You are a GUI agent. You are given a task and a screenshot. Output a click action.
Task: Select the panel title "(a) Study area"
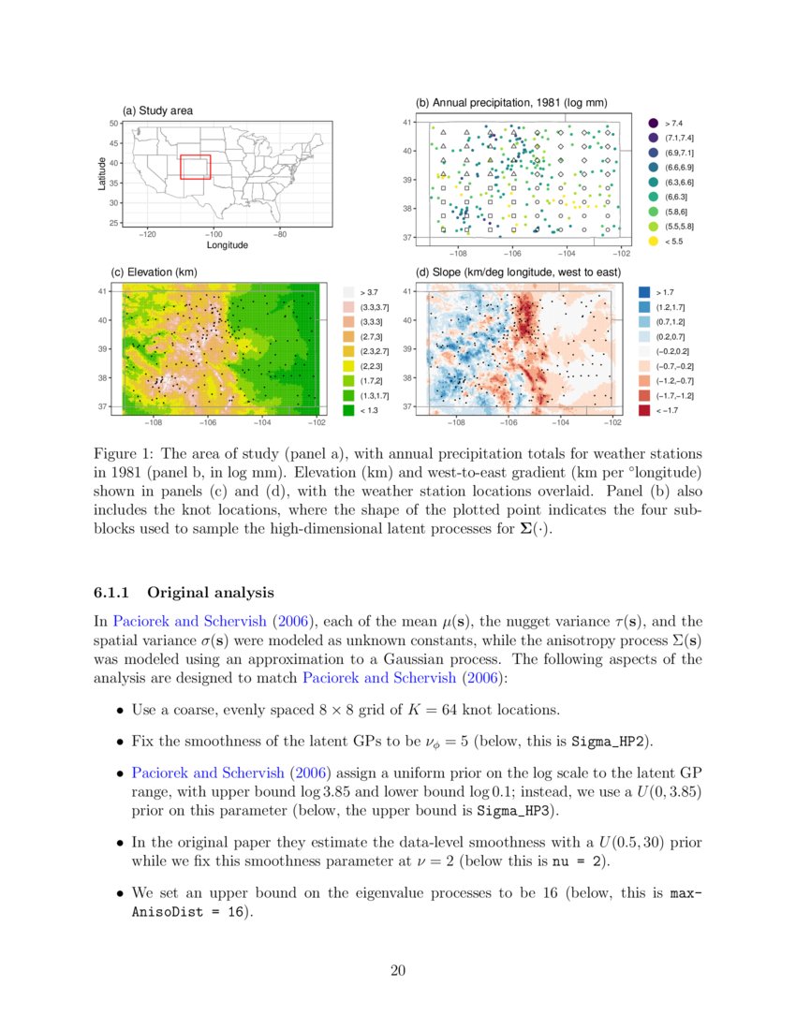click(158, 111)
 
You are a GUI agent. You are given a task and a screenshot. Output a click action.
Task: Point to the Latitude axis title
click(102, 173)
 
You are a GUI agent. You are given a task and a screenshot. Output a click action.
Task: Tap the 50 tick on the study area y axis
click(112, 124)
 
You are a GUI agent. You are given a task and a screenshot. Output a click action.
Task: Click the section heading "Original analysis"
click(211, 592)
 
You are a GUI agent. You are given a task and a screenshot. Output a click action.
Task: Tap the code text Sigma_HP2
click(611, 743)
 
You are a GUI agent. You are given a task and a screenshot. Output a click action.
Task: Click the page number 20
click(398, 971)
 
